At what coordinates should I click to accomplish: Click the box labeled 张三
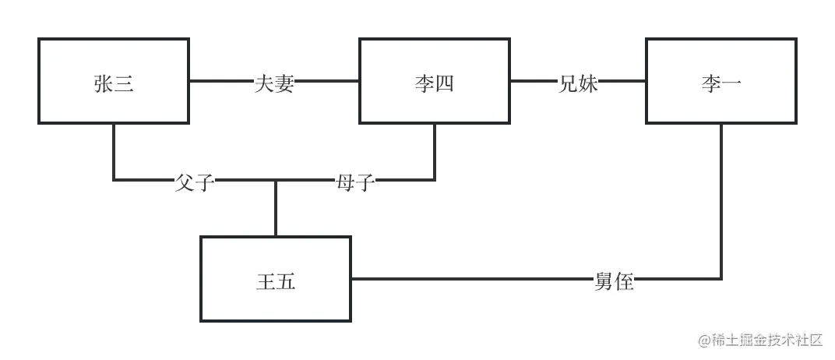(x=114, y=81)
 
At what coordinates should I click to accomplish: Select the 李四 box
(x=435, y=81)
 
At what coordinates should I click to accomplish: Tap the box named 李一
(x=721, y=81)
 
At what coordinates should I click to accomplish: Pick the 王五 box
(x=276, y=279)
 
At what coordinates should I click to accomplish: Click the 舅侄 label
(x=615, y=281)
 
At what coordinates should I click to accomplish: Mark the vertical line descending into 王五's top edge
(x=276, y=209)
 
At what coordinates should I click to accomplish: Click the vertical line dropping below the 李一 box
(x=721, y=203)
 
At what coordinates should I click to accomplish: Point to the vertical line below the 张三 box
(x=114, y=152)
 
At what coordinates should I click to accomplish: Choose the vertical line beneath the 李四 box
(x=435, y=152)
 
